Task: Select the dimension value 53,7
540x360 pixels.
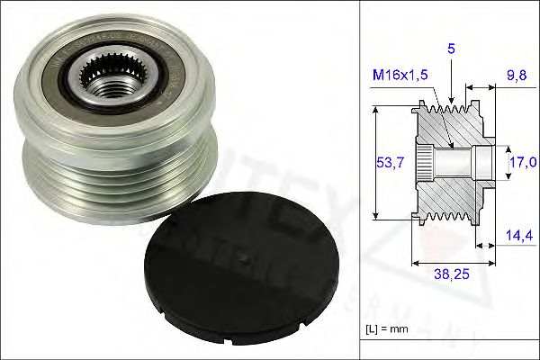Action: pos(390,163)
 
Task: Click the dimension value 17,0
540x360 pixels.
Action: pos(520,163)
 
